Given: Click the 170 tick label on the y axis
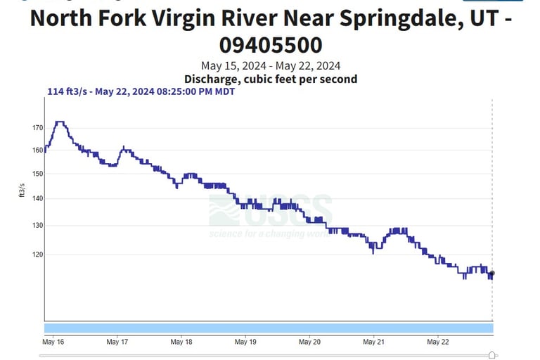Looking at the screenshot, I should [37, 128].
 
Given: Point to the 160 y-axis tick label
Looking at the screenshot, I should [37, 150].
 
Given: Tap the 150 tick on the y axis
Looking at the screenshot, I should [37, 174].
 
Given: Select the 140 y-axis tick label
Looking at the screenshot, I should [37, 199].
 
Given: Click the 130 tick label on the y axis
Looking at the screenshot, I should [37, 226].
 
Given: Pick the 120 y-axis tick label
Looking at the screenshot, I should [37, 255].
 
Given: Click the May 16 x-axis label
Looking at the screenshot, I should [53, 342].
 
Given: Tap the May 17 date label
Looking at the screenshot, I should [117, 342].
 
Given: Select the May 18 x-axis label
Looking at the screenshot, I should [181, 342].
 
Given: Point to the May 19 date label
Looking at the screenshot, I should [245, 342].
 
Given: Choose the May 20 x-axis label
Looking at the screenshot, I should [309, 342].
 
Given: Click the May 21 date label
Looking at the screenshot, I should [373, 342].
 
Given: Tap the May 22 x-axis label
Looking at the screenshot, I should [437, 342].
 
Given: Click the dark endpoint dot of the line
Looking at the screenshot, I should [492, 274].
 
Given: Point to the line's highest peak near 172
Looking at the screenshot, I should [60, 122].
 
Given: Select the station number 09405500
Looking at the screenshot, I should [271, 45].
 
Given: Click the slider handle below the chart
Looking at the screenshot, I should [491, 356].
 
